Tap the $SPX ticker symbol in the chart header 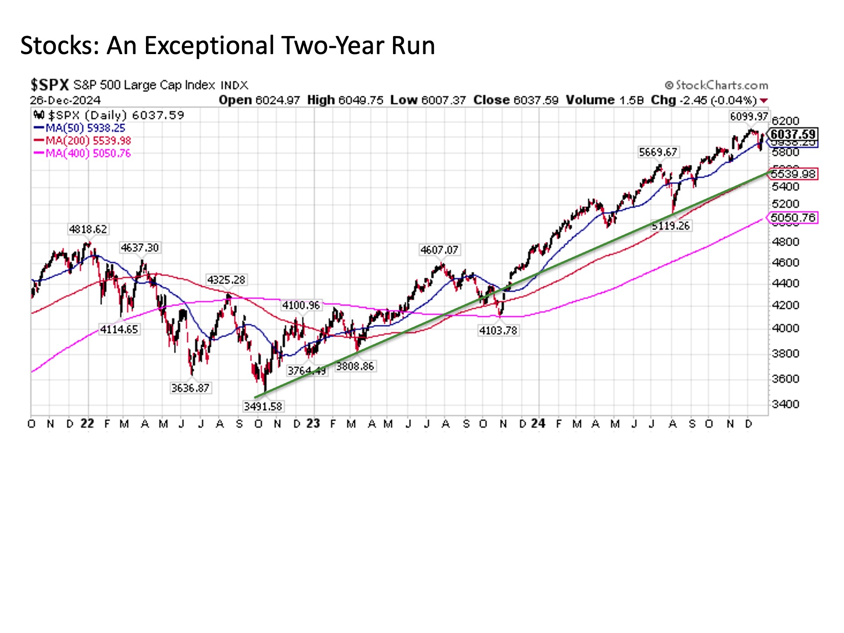click(x=50, y=84)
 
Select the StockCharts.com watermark click(x=717, y=85)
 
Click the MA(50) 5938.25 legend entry click(x=80, y=128)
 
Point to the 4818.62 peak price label click(x=88, y=229)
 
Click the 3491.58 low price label click(x=263, y=406)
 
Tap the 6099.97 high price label click(x=749, y=116)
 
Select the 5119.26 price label click(x=670, y=226)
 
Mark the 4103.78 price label click(x=498, y=330)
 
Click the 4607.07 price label click(x=439, y=250)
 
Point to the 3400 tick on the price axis click(x=786, y=404)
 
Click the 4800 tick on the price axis click(x=786, y=242)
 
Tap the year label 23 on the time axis click(x=313, y=424)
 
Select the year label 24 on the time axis click(x=538, y=424)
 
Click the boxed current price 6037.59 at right click(x=793, y=134)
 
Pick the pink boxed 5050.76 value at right click(x=793, y=218)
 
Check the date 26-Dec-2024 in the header click(x=65, y=100)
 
